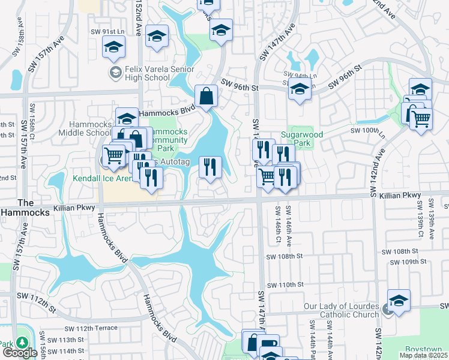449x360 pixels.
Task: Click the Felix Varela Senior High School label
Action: point(147,73)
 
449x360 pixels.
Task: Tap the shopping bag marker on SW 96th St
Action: point(206,97)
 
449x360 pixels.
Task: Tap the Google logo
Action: point(20,352)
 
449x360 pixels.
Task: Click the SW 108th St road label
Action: point(283,256)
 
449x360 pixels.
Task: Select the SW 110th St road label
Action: point(286,284)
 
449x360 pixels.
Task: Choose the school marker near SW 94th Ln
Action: point(299,89)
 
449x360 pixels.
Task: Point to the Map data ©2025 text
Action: point(423,355)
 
